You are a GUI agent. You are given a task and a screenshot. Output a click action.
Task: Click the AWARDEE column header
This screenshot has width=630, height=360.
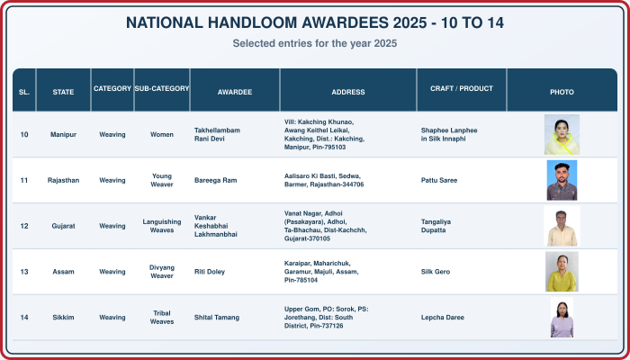[235, 92]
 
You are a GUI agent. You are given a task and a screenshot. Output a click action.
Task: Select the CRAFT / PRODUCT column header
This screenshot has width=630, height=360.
[461, 88]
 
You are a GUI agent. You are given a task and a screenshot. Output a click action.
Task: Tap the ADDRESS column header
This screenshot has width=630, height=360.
[348, 92]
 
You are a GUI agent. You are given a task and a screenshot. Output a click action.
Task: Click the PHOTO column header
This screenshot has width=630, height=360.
[562, 92]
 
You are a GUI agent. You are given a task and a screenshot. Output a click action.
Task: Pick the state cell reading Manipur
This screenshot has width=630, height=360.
[63, 135]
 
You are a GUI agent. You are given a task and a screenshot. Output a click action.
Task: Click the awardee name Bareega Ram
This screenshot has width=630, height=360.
[215, 180]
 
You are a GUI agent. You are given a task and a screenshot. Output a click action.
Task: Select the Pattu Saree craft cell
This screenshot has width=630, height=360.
[439, 180]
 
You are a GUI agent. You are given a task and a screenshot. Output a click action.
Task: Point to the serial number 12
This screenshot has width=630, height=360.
[24, 226]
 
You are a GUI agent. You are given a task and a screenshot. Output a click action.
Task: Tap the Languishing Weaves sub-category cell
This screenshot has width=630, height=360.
[162, 226]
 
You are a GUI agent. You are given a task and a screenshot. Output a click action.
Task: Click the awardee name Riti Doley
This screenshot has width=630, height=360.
[210, 272]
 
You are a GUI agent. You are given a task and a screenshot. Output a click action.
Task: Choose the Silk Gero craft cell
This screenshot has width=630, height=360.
[436, 272]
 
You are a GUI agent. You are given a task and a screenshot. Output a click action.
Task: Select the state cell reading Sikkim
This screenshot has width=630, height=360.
[63, 318]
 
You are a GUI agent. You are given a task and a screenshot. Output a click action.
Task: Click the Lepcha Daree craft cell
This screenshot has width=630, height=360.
[443, 318]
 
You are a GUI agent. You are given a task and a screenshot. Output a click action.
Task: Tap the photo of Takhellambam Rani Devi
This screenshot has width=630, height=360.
[562, 135]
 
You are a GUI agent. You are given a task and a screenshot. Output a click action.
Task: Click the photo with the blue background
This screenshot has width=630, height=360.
[562, 180]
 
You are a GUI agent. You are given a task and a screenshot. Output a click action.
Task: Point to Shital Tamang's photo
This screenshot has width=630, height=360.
[562, 318]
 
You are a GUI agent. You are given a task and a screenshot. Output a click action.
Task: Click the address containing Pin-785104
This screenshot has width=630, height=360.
[321, 272]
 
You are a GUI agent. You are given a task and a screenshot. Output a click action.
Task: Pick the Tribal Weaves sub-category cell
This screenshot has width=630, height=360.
[162, 318]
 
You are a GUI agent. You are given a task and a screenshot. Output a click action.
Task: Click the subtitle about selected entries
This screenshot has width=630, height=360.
[315, 43]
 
